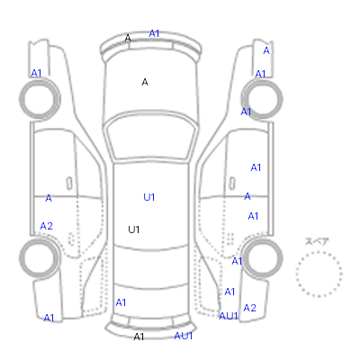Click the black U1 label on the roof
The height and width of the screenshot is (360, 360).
pos(134,229)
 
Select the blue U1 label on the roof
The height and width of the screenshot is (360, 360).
pos(149,197)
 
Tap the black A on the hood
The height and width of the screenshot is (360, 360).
pos(145,82)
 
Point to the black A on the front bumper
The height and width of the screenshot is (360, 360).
pos(128,38)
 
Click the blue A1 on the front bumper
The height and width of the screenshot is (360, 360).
pos(154,33)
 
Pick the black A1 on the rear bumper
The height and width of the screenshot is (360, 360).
pos(139,337)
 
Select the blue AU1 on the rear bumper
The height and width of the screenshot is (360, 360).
pos(184,336)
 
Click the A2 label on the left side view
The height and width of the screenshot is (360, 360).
pos(47,226)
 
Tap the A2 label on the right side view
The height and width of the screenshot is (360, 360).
pos(250,308)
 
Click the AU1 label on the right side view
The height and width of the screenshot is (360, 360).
pos(229,316)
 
